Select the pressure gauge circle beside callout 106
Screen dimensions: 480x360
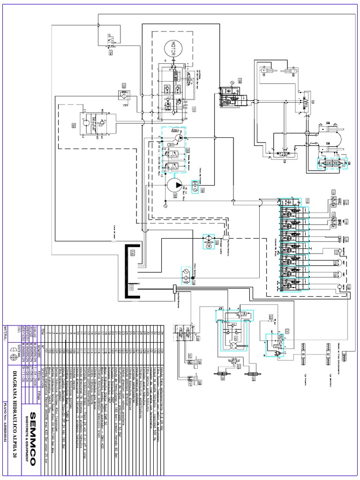click(232, 82)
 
